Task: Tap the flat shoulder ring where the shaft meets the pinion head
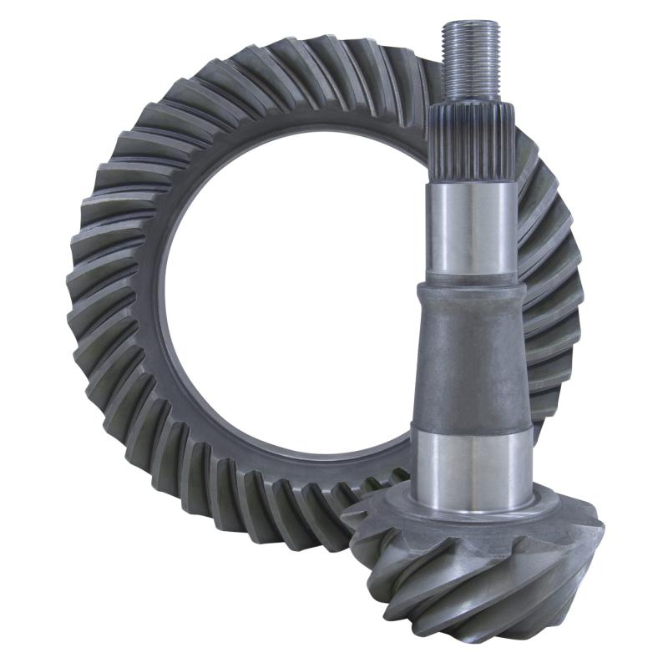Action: (x=472, y=511)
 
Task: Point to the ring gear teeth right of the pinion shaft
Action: (x=551, y=276)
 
